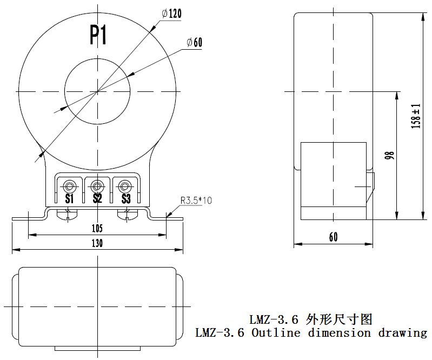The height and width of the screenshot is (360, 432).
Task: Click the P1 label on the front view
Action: click(98, 36)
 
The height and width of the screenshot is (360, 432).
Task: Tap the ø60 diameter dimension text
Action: click(194, 43)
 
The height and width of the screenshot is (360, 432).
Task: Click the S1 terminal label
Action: click(69, 198)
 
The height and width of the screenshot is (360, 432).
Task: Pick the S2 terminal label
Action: click(97, 198)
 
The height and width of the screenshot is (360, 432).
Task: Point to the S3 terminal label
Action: click(125, 198)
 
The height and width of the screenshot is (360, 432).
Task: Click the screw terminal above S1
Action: click(69, 186)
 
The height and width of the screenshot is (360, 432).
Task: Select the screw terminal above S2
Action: click(97, 186)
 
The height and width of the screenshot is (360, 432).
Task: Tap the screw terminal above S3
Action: click(125, 186)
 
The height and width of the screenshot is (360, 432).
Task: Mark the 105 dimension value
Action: click(97, 229)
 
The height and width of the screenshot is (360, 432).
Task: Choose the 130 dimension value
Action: click(97, 243)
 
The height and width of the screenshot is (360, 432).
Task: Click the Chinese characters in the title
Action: click(339, 318)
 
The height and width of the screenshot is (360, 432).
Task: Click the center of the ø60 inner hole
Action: click(97, 91)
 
